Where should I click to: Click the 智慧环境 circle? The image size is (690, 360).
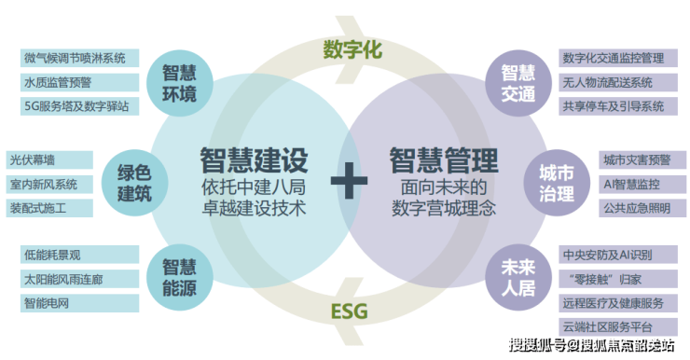180,83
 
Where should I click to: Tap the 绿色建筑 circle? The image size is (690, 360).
134,183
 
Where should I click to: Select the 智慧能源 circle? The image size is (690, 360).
180,278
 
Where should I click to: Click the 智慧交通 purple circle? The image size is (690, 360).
518,83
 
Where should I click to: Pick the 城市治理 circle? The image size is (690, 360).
557,183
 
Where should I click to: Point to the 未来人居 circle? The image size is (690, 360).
518,278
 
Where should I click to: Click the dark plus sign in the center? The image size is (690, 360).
349,180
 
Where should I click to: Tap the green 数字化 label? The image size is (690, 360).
352,48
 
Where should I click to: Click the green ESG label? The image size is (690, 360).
349,312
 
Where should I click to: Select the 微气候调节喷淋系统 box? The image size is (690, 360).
79,58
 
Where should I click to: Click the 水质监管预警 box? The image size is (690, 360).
79,82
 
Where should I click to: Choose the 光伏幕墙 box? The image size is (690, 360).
49,159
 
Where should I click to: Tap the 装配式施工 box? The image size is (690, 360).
49,208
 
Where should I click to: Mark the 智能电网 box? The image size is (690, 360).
79,303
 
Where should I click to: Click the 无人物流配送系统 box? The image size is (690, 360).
618,82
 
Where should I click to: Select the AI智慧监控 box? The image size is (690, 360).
642,184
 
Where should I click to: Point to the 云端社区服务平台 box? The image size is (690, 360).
618,327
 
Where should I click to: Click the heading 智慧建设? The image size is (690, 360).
254,160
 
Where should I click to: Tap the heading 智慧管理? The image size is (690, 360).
444,160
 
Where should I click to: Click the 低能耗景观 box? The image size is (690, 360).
79,255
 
